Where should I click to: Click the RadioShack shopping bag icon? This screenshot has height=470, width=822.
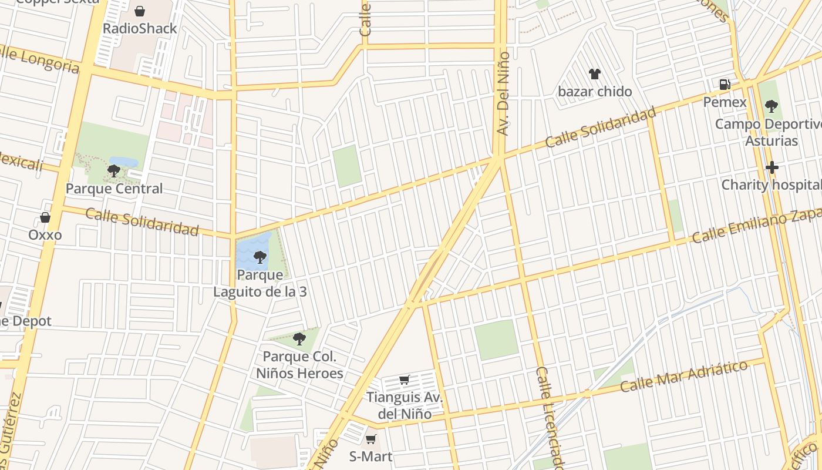tap(140, 11)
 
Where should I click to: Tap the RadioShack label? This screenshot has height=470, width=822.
tap(140, 29)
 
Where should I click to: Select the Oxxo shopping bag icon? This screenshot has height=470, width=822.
tap(45, 218)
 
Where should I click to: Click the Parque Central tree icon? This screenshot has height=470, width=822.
tap(114, 171)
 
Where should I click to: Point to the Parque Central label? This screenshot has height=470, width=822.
tap(114, 189)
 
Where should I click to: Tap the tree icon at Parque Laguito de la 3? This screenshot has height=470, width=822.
tap(260, 257)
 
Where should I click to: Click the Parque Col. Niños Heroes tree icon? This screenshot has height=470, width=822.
tap(299, 338)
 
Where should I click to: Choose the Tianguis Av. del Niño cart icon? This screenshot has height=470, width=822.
tap(404, 380)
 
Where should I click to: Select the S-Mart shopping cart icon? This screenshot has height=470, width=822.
tap(370, 439)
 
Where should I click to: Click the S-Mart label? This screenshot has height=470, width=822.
tap(370, 456)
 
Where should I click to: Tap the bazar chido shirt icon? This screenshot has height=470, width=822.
tap(595, 74)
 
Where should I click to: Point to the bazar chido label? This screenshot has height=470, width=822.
tap(595, 92)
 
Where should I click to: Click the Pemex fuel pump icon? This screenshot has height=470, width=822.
tap(725, 85)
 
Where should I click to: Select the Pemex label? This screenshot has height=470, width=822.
tap(725, 102)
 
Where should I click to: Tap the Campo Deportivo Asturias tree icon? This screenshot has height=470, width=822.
tap(772, 106)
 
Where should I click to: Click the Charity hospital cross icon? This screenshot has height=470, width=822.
tap(772, 168)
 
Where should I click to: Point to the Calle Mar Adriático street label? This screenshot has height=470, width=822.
tap(684, 376)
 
